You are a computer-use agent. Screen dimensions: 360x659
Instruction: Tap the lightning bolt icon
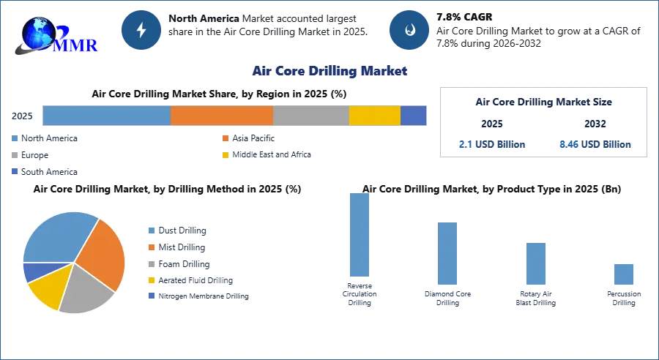coord(142,30)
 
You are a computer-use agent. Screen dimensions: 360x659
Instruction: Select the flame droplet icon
coord(410,30)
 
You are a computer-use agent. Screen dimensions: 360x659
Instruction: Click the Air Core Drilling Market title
coord(329,72)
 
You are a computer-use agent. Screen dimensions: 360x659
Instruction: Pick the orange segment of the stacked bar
coord(222,116)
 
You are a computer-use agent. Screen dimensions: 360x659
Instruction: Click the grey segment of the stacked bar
coord(310,116)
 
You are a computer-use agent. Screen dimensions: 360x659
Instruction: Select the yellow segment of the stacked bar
coord(374,116)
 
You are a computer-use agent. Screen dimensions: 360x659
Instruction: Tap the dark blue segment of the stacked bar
coord(413,116)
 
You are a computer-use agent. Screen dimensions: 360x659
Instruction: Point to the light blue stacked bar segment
coord(107,116)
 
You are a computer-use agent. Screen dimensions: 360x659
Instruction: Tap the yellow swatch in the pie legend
coord(152,281)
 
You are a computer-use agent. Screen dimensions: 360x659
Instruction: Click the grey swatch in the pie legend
coord(152,263)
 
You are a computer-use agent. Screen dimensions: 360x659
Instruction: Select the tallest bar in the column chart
coord(357,236)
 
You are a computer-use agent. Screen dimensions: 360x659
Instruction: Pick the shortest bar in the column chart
coord(623,274)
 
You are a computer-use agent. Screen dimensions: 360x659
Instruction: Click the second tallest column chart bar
coord(445,254)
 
